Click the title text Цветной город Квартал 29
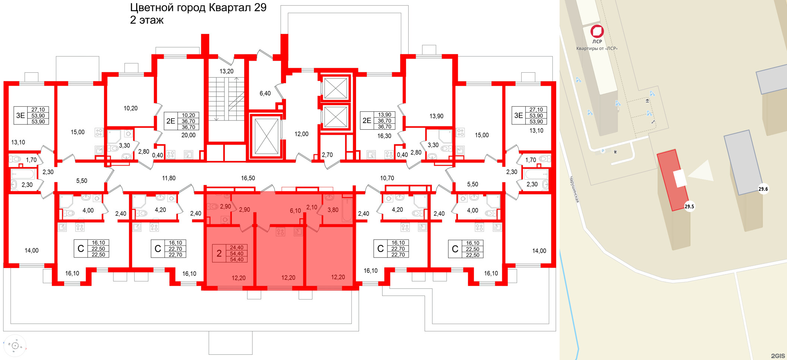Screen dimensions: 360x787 (198, 7)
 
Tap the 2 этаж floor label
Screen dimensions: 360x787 (147, 20)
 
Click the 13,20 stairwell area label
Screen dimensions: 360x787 (226, 71)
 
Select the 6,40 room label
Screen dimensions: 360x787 (265, 93)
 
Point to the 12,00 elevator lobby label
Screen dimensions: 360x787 (301, 134)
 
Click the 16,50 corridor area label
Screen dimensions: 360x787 (248, 178)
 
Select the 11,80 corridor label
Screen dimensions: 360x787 (169, 178)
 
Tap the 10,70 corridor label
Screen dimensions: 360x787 (387, 178)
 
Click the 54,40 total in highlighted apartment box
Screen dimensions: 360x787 (237, 259)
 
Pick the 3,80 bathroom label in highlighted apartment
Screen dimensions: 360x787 (333, 210)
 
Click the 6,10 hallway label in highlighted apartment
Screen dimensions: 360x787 (295, 211)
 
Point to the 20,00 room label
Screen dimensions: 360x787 (188, 135)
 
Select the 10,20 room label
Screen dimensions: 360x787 (130, 108)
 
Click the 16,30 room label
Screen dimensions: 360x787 (384, 136)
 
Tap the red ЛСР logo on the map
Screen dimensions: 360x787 (597, 31)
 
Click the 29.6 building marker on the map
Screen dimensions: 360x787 (763, 189)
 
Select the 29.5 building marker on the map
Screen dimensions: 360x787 (689, 206)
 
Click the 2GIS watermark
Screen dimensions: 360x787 (778, 356)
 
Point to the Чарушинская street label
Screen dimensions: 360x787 (574, 190)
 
